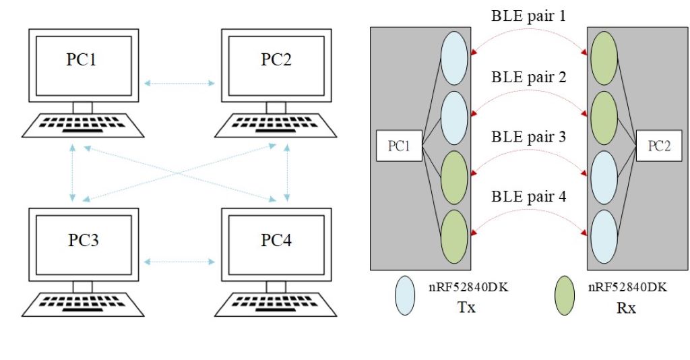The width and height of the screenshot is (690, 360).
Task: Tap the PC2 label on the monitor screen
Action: (276, 59)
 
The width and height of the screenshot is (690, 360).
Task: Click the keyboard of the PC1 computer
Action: (82, 125)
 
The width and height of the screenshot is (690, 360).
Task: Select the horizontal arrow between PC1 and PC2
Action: (180, 84)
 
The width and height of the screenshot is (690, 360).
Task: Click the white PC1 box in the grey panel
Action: (399, 146)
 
